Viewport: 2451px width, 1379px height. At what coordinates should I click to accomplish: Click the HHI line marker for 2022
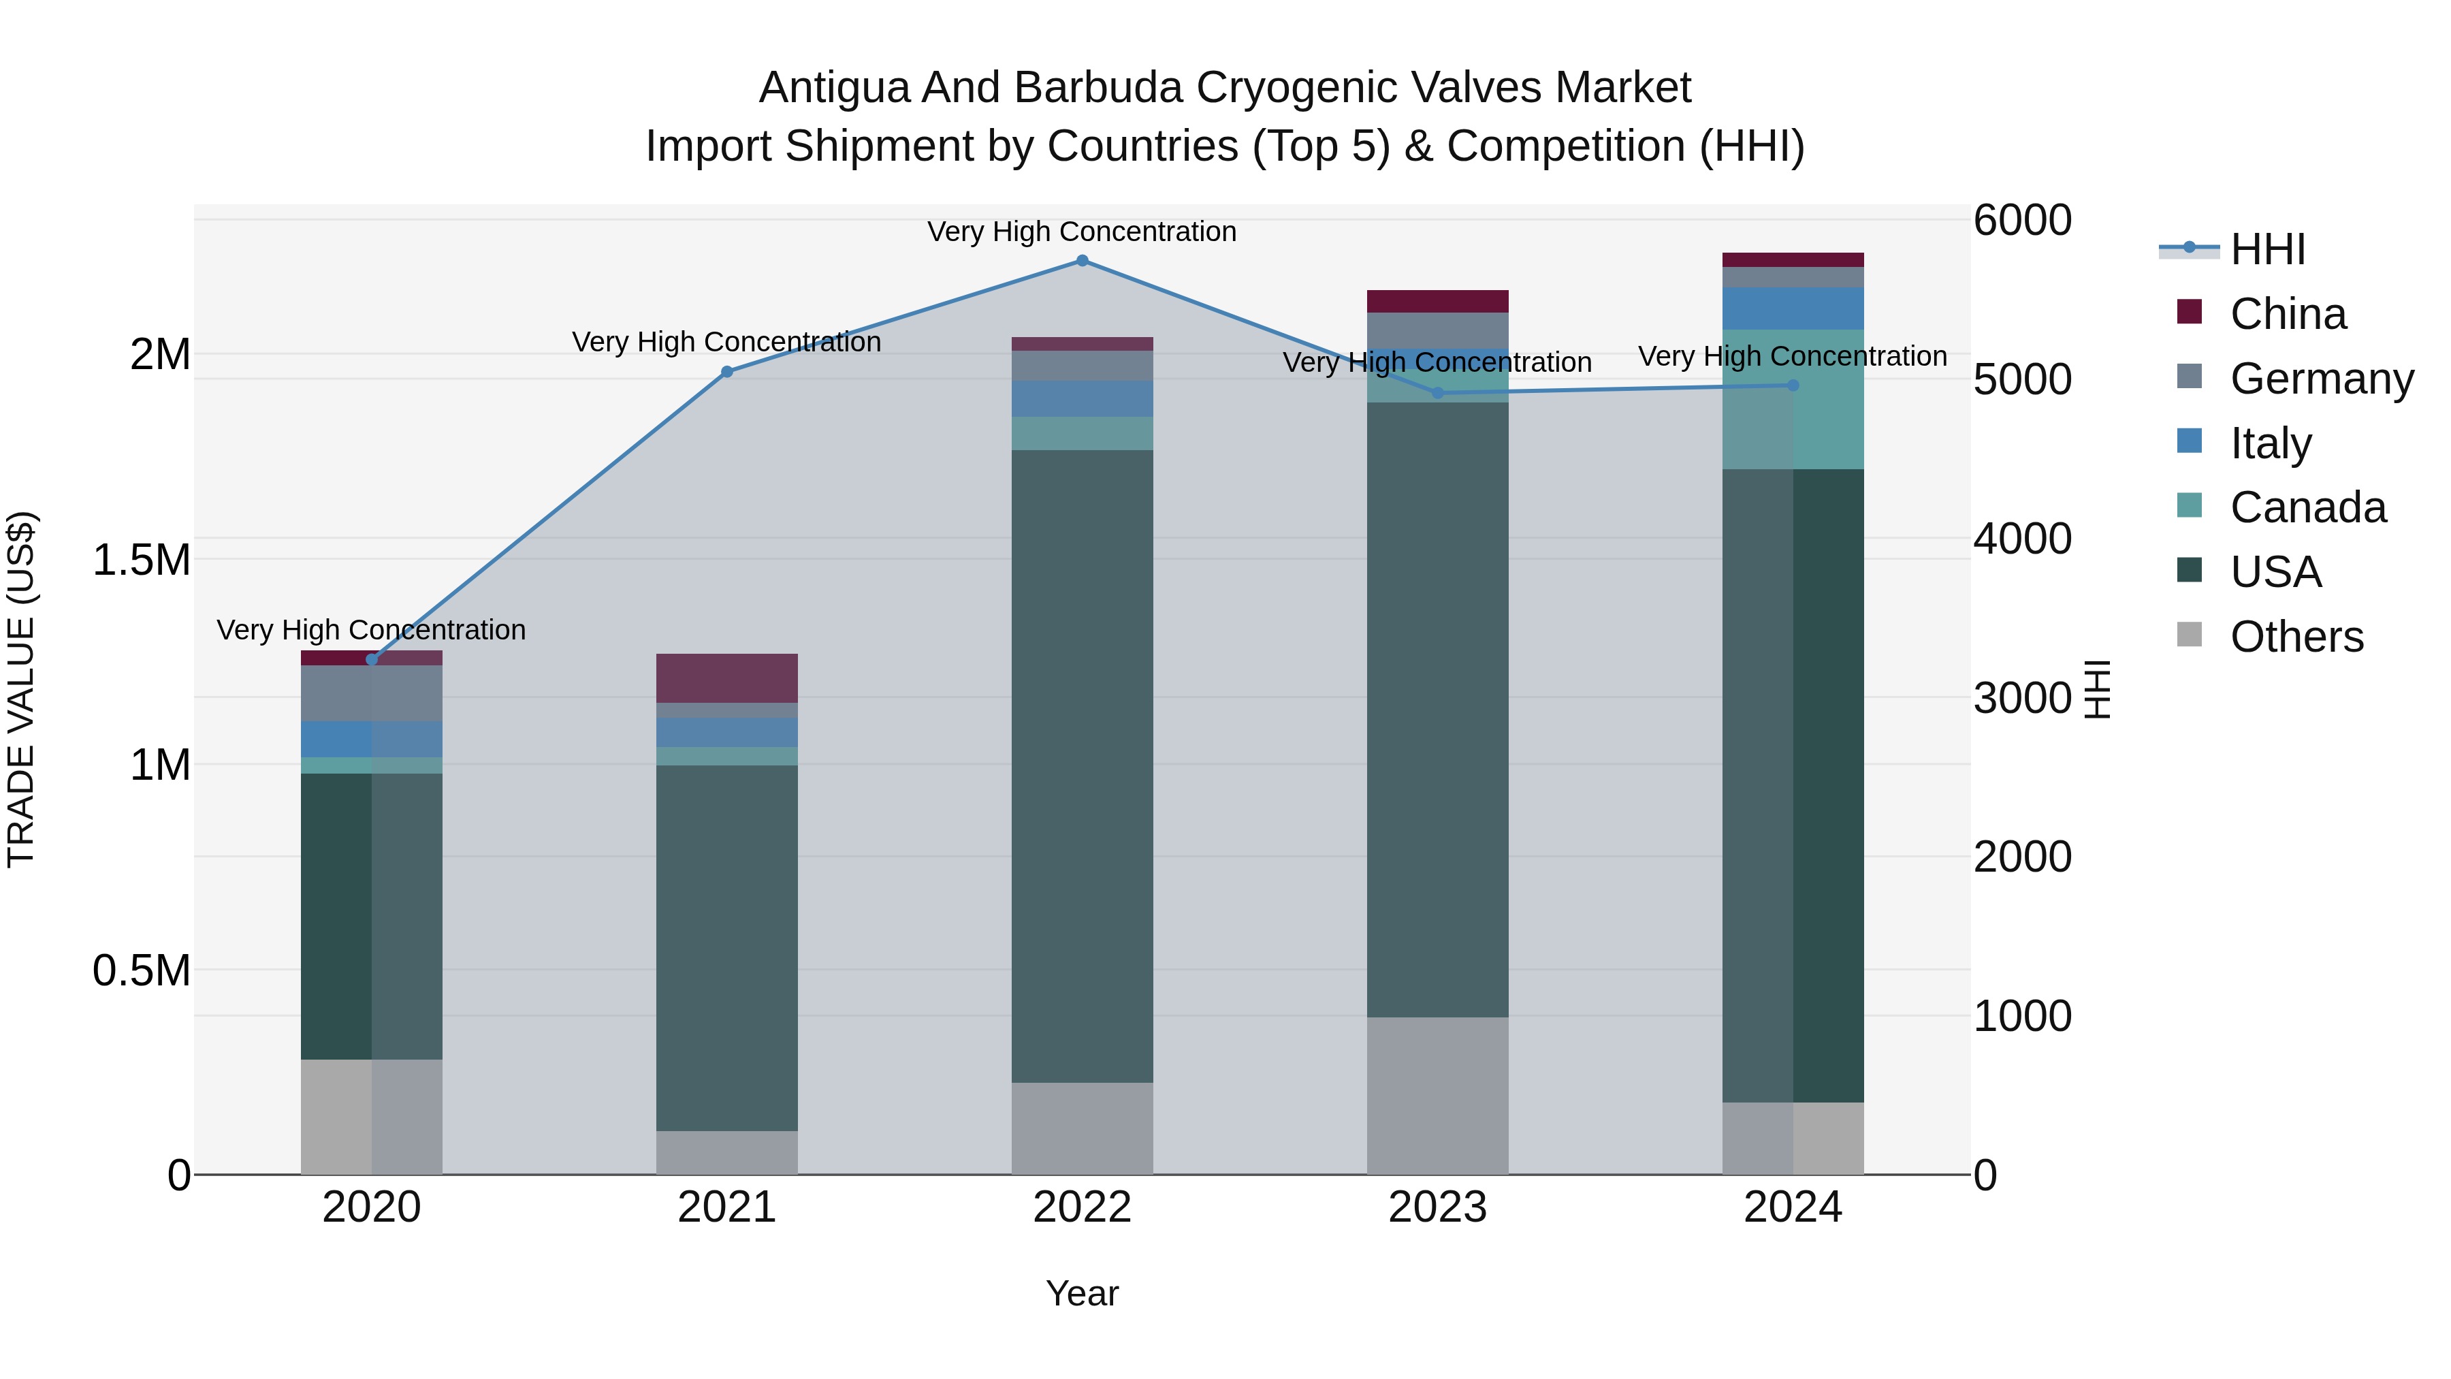click(x=1082, y=261)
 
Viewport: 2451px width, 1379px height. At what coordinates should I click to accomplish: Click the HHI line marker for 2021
click(x=727, y=372)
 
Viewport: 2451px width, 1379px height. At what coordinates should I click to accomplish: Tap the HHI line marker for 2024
click(x=1793, y=385)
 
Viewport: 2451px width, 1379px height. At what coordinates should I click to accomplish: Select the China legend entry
click(x=2288, y=314)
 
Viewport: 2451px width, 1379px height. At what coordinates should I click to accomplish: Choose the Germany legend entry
click(x=2321, y=379)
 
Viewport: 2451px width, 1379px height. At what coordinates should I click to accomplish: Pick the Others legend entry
click(x=2296, y=637)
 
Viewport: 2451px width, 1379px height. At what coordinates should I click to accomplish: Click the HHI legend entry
click(x=2267, y=249)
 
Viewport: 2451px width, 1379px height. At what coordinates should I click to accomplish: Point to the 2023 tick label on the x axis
click(x=1437, y=1207)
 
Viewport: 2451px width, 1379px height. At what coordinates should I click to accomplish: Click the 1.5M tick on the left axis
click(x=141, y=560)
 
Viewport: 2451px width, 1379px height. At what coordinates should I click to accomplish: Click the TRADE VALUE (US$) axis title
click(x=22, y=689)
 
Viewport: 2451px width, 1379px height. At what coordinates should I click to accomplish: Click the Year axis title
click(x=1082, y=1293)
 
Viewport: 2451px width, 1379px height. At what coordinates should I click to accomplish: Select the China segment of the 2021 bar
click(x=727, y=678)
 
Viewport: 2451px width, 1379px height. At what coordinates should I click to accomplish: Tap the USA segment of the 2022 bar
click(x=1082, y=766)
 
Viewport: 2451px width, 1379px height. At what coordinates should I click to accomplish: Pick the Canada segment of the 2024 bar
click(x=1793, y=400)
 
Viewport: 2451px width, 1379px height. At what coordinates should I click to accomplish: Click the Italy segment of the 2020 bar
click(x=371, y=740)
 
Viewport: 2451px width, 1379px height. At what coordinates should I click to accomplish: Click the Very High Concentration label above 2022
click(x=1082, y=232)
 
